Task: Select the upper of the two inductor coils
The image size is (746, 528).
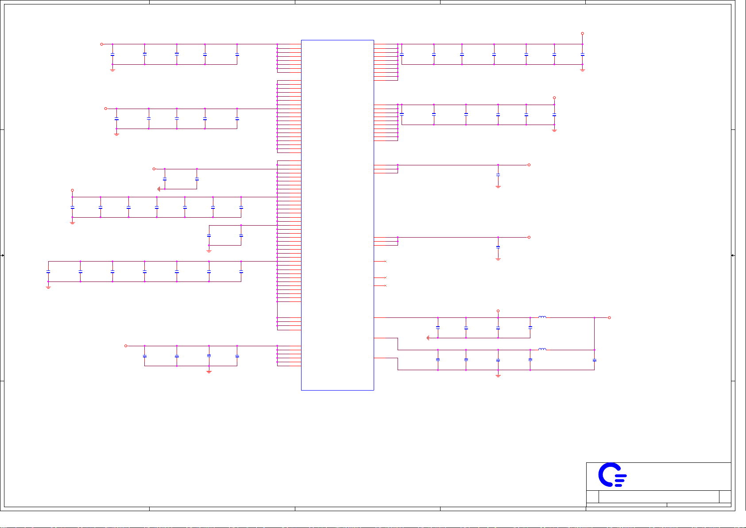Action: click(542, 317)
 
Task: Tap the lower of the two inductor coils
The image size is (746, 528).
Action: click(542, 349)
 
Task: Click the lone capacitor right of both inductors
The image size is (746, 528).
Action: click(594, 360)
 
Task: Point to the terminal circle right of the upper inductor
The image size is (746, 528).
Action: click(609, 317)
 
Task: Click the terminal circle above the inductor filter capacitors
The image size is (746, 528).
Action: click(498, 311)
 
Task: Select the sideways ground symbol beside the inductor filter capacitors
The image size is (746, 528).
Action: click(428, 338)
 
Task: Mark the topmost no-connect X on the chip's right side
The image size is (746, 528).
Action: click(386, 262)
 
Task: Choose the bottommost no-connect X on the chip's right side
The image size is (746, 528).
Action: click(386, 286)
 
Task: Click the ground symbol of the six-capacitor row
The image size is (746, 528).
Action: click(554, 130)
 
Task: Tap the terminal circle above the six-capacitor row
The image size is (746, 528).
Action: click(554, 98)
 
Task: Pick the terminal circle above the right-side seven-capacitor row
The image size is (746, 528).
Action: click(582, 33)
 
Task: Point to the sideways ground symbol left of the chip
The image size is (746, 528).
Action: click(159, 189)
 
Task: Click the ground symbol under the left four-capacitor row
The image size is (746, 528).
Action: click(209, 372)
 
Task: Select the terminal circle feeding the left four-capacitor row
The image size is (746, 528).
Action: click(126, 346)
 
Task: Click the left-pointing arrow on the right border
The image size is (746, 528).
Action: click(733, 255)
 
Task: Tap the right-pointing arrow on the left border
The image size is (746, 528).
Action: click(3, 255)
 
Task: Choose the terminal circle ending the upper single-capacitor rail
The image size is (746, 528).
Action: click(529, 165)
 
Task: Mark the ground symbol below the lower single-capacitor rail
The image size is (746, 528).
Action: click(498, 259)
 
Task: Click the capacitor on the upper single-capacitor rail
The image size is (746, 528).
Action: click(498, 175)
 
